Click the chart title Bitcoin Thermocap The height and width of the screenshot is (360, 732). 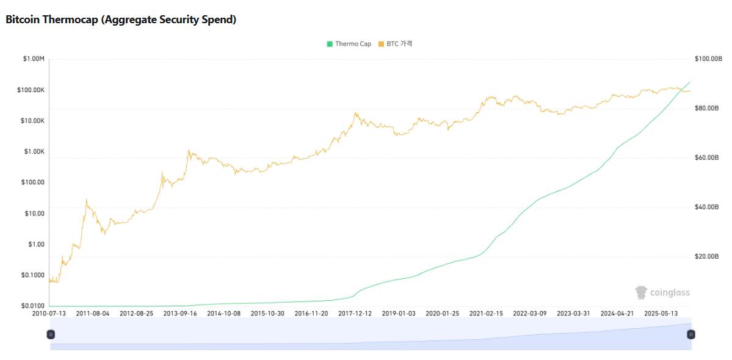point(120,20)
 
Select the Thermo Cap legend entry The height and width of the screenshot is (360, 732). point(349,44)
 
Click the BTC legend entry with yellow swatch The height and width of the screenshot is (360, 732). point(395,44)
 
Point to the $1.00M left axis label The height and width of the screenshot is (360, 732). point(34,59)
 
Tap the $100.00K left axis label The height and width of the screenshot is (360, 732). point(31,90)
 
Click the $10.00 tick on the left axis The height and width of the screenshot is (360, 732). point(34,214)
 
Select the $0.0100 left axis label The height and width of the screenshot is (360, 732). point(32,306)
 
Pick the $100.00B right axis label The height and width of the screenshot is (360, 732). point(708,59)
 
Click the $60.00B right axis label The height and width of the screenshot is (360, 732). point(707,158)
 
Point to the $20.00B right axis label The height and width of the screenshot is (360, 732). point(707,257)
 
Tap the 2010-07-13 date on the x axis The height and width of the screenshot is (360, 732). point(49,314)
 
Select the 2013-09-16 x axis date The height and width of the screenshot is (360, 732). point(180,314)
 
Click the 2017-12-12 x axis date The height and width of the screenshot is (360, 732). point(355,314)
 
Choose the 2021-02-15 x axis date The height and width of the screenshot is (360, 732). point(486,314)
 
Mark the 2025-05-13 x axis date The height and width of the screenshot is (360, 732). point(661,314)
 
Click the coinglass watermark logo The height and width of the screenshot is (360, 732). point(662,293)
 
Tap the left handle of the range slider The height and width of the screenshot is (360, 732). point(51,334)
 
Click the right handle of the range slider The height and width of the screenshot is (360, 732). point(690,334)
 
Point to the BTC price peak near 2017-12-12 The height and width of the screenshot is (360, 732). point(356,113)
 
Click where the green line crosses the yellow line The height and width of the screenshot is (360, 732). point(679,90)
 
